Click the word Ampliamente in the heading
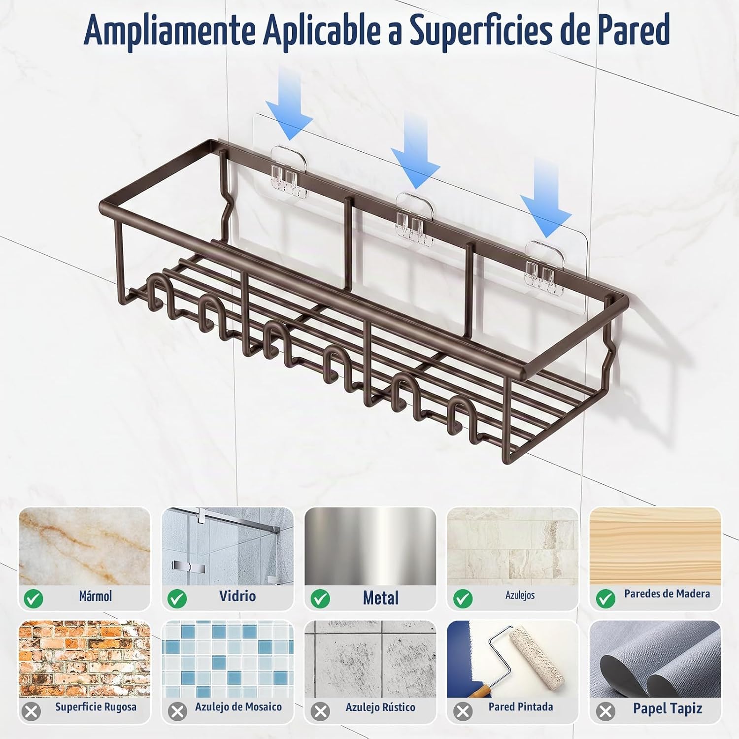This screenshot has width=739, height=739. click(x=169, y=31)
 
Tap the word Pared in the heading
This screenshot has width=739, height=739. click(x=634, y=30)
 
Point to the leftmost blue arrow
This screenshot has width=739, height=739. click(x=289, y=103)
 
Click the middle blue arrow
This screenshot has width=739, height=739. click(x=415, y=151)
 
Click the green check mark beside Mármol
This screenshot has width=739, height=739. click(x=34, y=599)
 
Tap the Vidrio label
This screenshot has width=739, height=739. click(x=237, y=596)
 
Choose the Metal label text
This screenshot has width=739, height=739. click(x=380, y=598)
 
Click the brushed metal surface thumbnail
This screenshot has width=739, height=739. click(x=370, y=546)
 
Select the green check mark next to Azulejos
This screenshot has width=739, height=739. click(x=463, y=599)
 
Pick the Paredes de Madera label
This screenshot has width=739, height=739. click(x=667, y=594)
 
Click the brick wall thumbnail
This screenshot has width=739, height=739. click(x=84, y=659)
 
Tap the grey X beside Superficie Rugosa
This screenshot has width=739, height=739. click(x=32, y=711)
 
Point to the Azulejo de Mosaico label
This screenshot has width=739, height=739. click(x=238, y=707)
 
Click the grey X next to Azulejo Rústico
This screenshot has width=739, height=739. click(x=321, y=711)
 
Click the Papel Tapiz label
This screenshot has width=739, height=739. click(x=668, y=708)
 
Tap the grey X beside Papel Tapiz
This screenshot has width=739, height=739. click(x=605, y=711)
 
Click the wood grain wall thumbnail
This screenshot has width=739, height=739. click(x=655, y=546)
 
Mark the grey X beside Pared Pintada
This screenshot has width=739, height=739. click(x=463, y=711)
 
